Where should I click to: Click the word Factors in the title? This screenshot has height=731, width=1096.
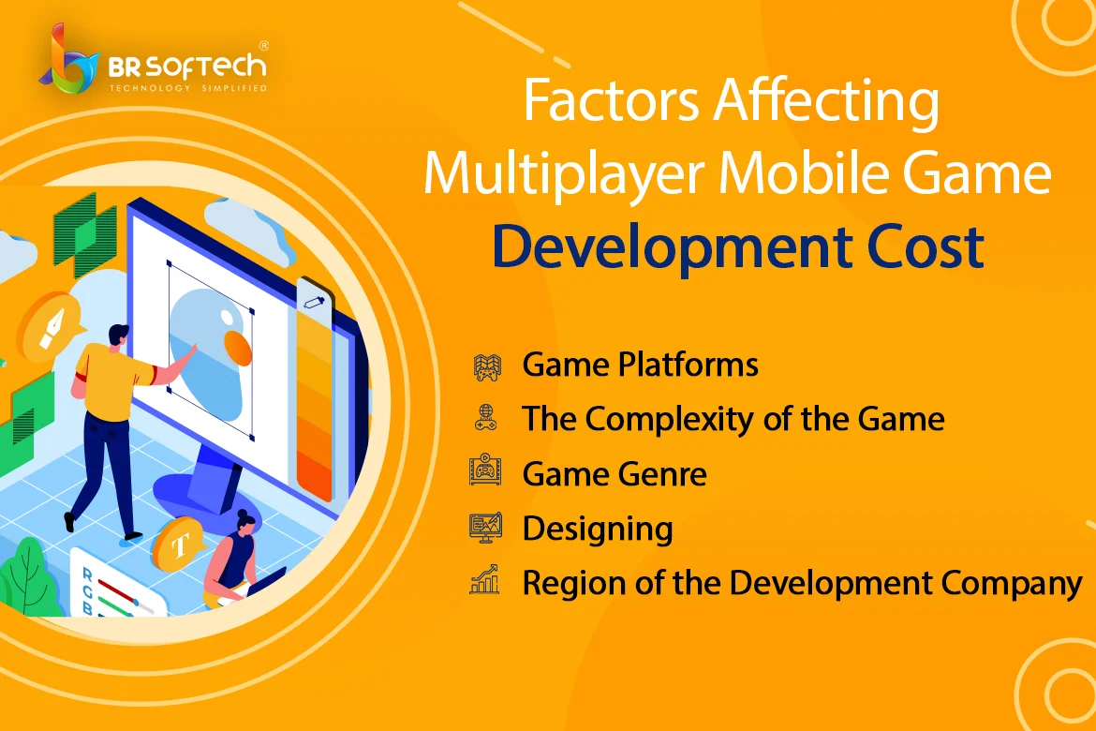click(x=610, y=100)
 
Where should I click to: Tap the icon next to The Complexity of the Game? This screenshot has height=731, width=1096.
click(x=486, y=418)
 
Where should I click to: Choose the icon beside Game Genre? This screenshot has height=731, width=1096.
click(x=485, y=470)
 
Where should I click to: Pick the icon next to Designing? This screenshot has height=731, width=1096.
click(x=486, y=528)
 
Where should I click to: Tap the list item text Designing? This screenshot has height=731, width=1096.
click(x=598, y=530)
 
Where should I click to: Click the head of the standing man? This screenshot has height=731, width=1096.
click(x=119, y=336)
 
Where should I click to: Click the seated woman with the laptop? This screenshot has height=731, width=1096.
click(x=238, y=559)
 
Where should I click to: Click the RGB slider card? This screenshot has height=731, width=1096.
click(x=111, y=584)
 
